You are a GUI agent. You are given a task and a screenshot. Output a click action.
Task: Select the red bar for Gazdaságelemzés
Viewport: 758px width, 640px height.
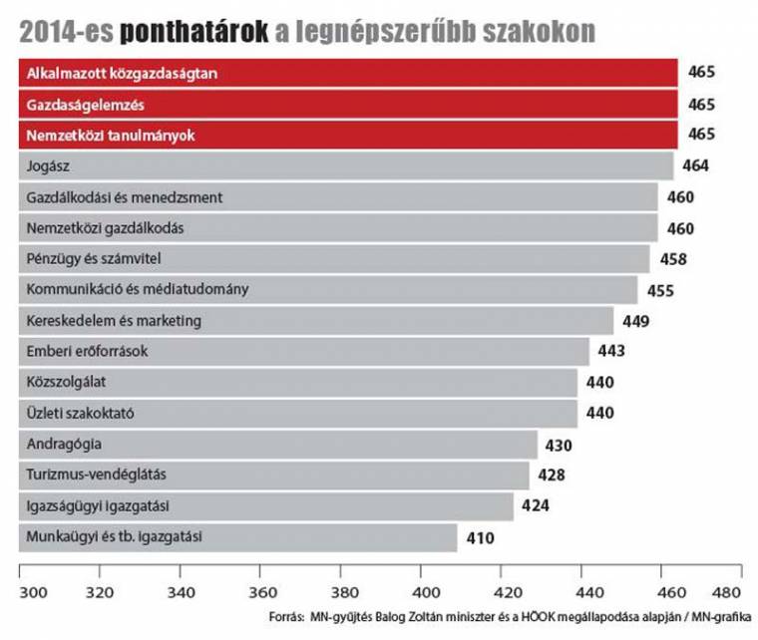pos(349,105)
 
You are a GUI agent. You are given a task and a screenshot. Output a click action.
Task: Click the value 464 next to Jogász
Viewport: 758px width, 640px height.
pos(696,166)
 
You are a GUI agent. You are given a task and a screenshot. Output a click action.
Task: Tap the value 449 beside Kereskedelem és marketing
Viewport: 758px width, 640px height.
pos(635,321)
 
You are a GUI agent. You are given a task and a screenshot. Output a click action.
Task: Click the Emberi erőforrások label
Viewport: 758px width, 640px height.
pos(87,352)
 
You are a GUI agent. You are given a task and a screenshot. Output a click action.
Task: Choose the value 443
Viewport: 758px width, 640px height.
pos(610,352)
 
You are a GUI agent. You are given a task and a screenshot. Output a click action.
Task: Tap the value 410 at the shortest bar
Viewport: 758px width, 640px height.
pos(479,538)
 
